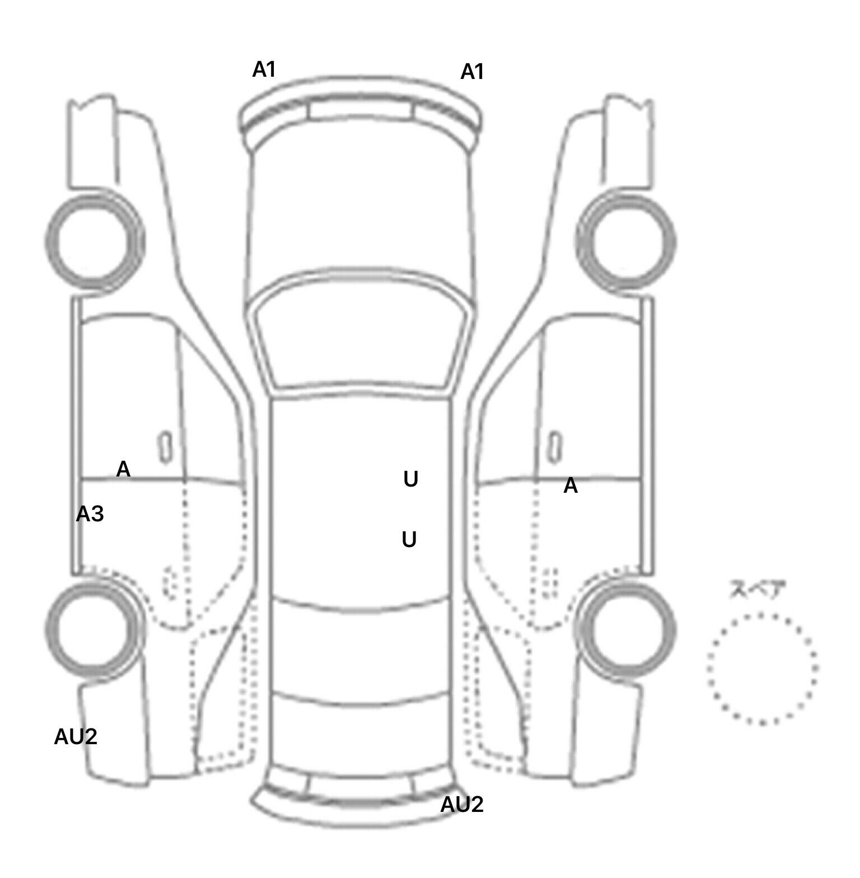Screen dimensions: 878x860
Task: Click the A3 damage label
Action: coord(90,513)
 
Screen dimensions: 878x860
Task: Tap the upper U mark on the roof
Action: coord(410,479)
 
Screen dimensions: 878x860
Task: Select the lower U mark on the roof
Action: coord(409,540)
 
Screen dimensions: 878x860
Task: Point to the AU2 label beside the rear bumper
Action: coord(461,805)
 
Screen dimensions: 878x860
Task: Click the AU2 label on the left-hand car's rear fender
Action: coord(76,737)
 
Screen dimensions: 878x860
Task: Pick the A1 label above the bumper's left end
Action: coord(264,70)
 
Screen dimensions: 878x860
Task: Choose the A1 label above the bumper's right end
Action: coord(472,72)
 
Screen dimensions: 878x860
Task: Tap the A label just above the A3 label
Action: coord(123,469)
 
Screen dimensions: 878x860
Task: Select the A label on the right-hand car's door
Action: coord(570,486)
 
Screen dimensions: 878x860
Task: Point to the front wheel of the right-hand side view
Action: coord(628,242)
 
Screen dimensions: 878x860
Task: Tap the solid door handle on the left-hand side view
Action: coord(165,447)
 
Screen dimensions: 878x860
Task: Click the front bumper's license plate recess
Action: coord(361,110)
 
